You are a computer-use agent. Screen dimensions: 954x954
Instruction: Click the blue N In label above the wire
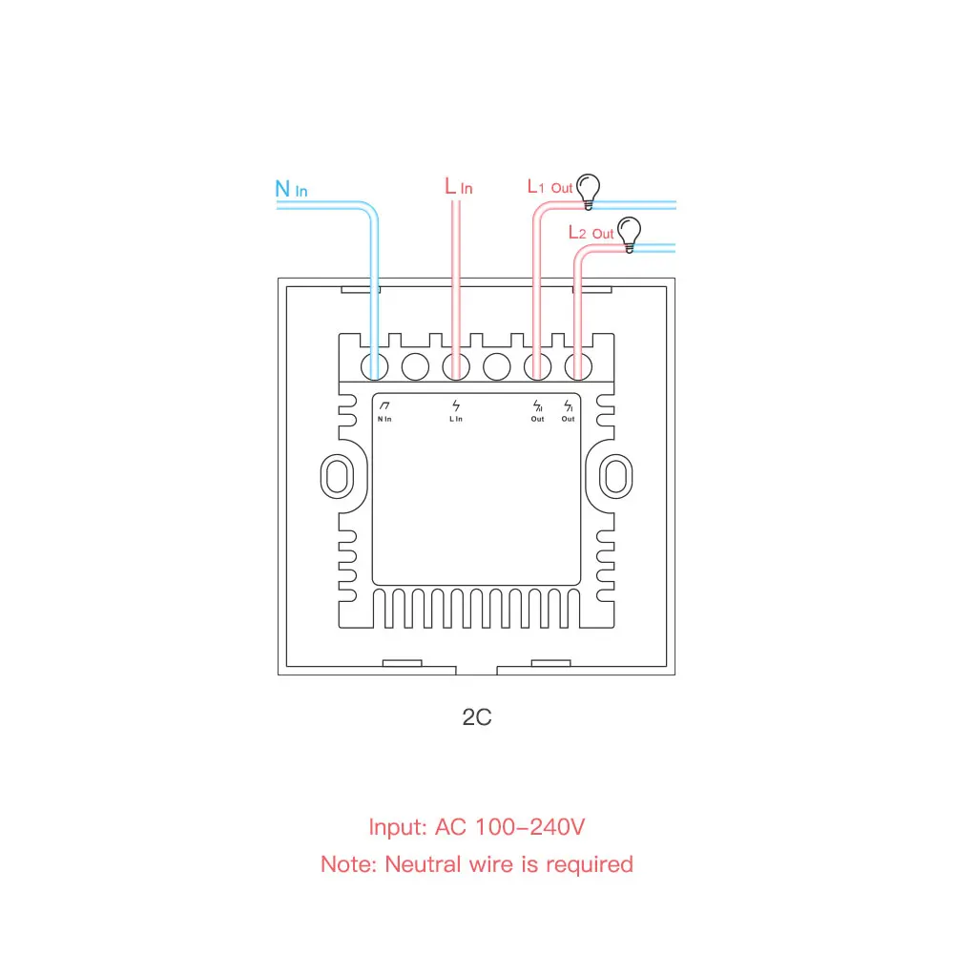coord(291,189)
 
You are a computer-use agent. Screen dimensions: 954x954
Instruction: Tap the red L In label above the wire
coord(458,187)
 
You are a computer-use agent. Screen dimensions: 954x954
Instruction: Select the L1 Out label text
coord(550,187)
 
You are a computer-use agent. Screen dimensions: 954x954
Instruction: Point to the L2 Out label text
coord(591,233)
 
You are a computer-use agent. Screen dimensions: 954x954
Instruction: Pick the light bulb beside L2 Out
coord(628,233)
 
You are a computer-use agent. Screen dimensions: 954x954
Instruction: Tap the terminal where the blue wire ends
coord(374,365)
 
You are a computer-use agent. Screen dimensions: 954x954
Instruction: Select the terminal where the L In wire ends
coord(456,365)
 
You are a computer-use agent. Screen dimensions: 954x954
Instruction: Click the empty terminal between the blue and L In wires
coord(415,365)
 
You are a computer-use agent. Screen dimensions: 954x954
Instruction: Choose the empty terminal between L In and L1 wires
coord(497,365)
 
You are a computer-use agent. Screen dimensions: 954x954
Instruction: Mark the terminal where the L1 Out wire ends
coord(537,365)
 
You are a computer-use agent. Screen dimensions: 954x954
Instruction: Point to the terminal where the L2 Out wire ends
coord(576,365)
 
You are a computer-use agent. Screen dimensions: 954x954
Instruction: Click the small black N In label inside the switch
coord(384,419)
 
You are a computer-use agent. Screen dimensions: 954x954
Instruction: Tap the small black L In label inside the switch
coord(456,419)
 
